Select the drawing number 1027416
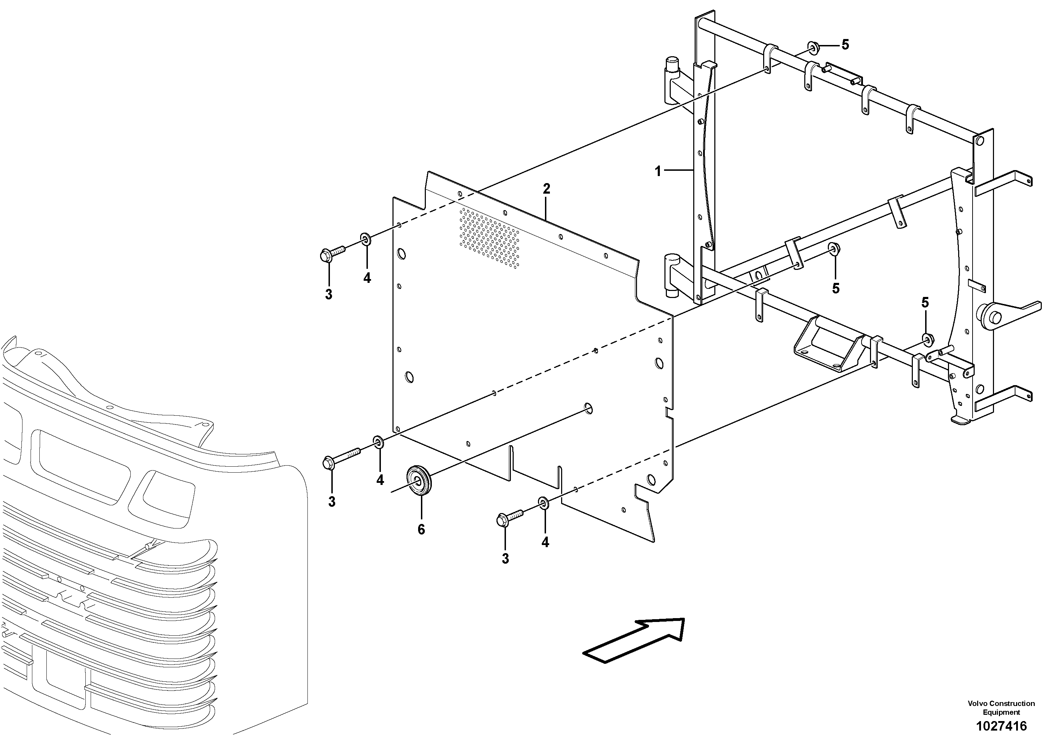(1000, 726)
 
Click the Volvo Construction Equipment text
(1000, 708)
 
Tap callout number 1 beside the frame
(658, 172)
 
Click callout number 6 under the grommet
(421, 530)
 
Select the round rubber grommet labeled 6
(418, 479)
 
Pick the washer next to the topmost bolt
(366, 239)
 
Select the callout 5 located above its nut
(925, 302)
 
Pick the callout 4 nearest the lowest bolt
(545, 542)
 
